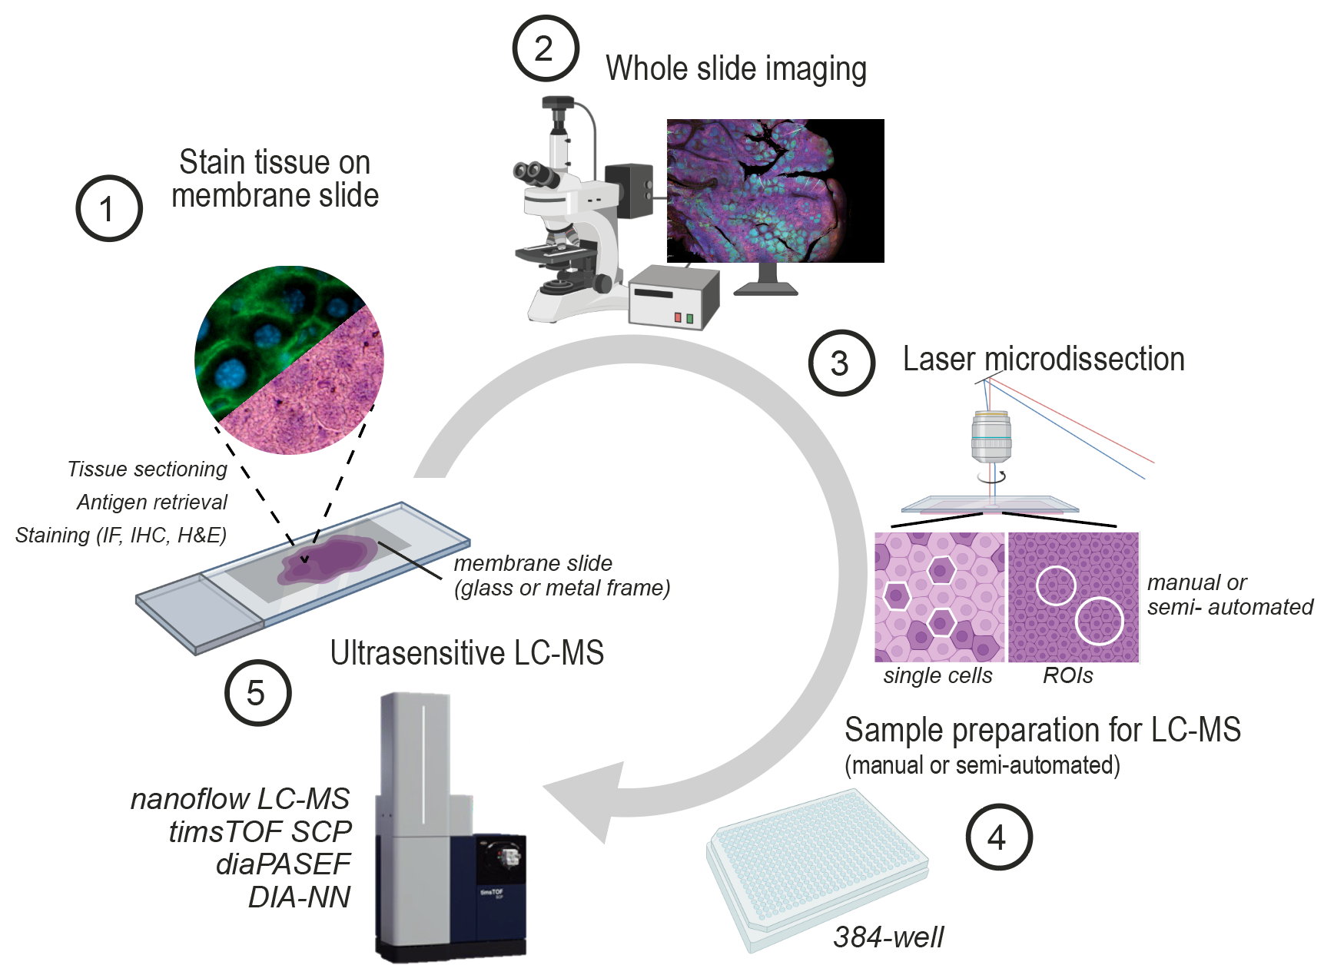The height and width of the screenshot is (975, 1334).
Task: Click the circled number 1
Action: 109,208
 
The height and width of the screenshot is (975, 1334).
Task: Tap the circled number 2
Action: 545,48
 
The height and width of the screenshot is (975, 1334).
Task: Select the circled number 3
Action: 841,363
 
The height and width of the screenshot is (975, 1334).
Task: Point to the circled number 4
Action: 998,837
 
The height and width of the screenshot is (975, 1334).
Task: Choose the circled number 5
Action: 257,692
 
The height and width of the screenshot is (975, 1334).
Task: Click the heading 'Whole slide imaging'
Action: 736,69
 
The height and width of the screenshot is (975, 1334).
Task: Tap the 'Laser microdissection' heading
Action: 1044,359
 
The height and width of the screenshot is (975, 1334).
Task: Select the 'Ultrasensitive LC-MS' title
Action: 467,653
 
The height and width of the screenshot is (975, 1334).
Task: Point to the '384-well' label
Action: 889,937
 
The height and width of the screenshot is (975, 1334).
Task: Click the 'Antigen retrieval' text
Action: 152,502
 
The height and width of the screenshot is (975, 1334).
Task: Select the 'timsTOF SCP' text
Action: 260,831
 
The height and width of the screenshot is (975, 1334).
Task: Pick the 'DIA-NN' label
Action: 300,897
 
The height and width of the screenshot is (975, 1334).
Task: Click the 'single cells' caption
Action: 937,675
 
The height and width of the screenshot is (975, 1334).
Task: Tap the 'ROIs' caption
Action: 1068,675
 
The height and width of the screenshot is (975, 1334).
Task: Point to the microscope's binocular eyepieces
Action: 536,174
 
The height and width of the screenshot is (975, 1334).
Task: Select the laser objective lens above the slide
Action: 991,437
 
